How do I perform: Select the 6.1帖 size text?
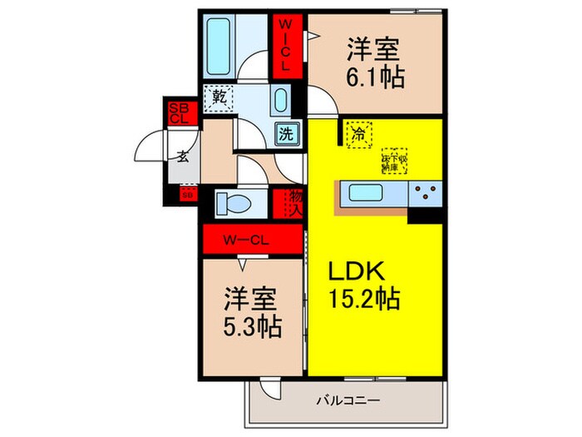(x=375, y=79)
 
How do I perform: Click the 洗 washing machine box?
(x=285, y=132)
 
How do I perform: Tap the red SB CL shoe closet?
(x=180, y=112)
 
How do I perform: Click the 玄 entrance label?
(x=182, y=154)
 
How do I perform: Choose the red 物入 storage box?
(x=293, y=201)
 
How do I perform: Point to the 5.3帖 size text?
(x=251, y=324)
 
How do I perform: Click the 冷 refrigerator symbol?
(x=359, y=132)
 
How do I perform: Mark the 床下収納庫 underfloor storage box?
(x=394, y=160)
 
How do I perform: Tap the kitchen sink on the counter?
(x=366, y=193)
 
